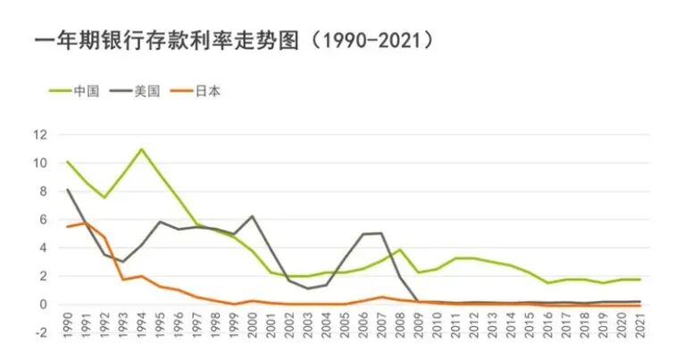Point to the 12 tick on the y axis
point(38,135)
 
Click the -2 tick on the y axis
point(38,333)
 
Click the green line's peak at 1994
point(142,149)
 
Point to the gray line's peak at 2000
point(253,216)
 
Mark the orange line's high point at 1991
point(87,222)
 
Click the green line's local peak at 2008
point(400,250)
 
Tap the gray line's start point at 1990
point(68,189)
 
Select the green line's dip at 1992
point(104,197)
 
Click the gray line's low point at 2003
point(308,289)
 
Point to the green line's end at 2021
point(639,280)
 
